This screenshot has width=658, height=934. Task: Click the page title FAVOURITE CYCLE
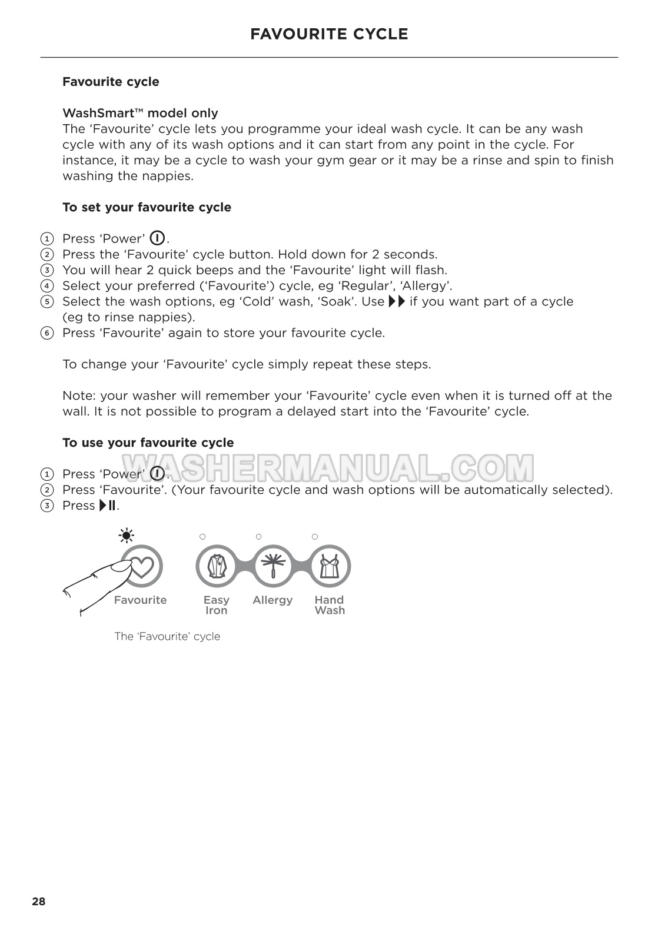pyautogui.click(x=329, y=34)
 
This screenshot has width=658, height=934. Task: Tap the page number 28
pyautogui.click(x=38, y=902)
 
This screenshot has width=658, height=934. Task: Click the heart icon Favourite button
pyautogui.click(x=141, y=566)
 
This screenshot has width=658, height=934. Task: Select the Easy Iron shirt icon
pyautogui.click(x=216, y=566)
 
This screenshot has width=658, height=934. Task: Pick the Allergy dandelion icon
pyautogui.click(x=272, y=566)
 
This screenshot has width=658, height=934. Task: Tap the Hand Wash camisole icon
pyautogui.click(x=330, y=566)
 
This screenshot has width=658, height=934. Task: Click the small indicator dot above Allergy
pyautogui.click(x=258, y=537)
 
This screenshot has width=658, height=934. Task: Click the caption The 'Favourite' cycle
pyautogui.click(x=167, y=636)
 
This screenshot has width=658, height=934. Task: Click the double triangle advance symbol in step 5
pyautogui.click(x=397, y=301)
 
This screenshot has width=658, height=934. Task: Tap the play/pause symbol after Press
pyautogui.click(x=108, y=506)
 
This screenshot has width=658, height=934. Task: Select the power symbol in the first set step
pyautogui.click(x=157, y=238)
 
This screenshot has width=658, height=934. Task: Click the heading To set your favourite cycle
pyautogui.click(x=147, y=207)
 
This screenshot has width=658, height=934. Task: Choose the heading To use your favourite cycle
pyautogui.click(x=148, y=443)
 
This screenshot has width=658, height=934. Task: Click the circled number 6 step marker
pyautogui.click(x=46, y=333)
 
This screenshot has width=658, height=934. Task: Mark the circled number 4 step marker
pyautogui.click(x=46, y=286)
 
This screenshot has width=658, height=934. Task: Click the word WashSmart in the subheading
pyautogui.click(x=98, y=113)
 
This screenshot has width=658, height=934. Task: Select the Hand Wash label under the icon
pyautogui.click(x=329, y=605)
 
